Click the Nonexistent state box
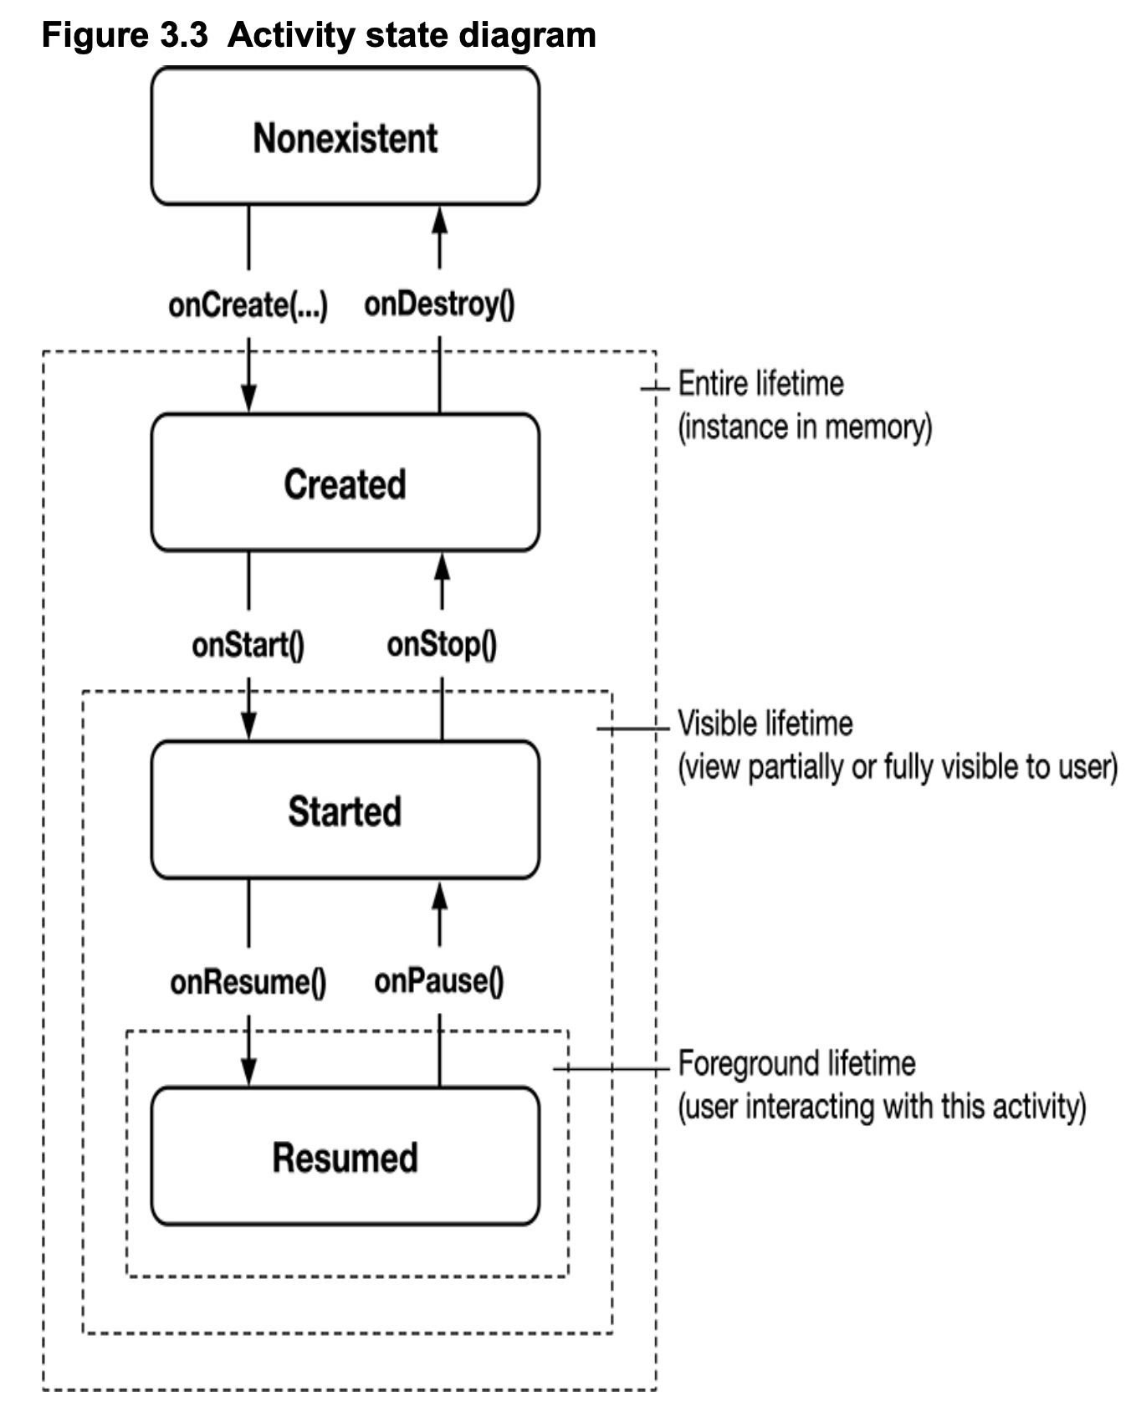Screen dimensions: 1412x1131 (x=345, y=136)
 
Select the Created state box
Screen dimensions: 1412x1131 (x=345, y=483)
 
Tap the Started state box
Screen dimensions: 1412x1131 (x=345, y=810)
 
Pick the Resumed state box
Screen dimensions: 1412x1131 (x=345, y=1156)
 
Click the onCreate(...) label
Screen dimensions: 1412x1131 (x=248, y=304)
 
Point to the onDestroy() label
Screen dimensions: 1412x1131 (x=439, y=304)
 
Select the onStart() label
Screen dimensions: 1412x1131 (x=248, y=645)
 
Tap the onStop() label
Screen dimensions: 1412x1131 (x=442, y=644)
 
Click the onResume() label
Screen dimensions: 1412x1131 (x=248, y=981)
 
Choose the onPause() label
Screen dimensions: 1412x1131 (x=439, y=980)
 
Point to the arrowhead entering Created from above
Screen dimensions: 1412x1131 (x=248, y=397)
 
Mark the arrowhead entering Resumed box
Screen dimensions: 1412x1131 (x=248, y=1071)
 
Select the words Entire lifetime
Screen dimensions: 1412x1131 (x=760, y=384)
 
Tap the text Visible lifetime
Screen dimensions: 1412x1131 (x=765, y=723)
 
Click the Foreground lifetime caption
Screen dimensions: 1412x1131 (x=796, y=1063)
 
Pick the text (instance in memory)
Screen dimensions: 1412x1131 (x=804, y=427)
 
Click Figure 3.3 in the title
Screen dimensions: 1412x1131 (x=125, y=35)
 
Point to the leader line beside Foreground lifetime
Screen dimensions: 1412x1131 (x=611, y=1069)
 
